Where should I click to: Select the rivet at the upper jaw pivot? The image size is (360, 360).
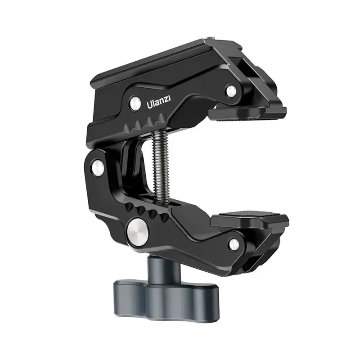click(231, 90)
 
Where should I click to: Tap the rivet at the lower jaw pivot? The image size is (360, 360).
click(234, 244)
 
